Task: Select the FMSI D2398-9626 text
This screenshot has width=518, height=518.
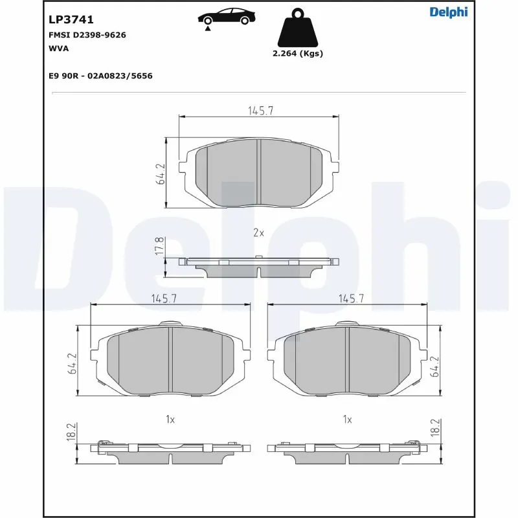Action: point(87,35)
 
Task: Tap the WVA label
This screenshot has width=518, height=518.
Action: point(59,48)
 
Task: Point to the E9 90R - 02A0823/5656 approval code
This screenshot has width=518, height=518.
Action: point(100,76)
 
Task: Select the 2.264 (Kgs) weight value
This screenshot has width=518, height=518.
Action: point(298,54)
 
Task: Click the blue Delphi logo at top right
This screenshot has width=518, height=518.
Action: point(448,12)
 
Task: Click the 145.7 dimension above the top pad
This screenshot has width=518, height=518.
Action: point(260,111)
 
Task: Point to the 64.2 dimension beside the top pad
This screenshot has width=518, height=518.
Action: point(161,174)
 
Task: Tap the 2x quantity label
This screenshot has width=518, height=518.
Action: point(258,232)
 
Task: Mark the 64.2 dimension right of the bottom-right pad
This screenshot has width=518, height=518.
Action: point(436,366)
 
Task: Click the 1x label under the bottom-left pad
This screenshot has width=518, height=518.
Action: point(170,420)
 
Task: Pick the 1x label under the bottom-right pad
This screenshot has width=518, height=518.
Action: point(348,420)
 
